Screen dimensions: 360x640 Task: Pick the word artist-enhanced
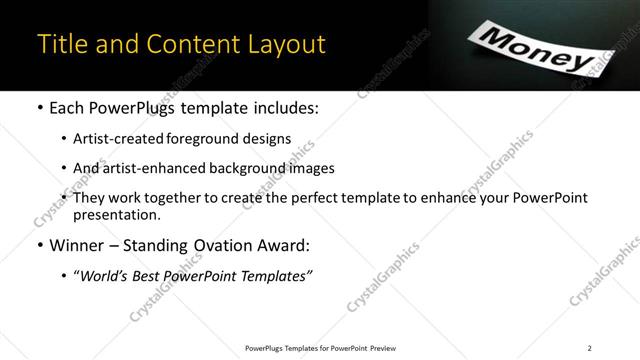[x=150, y=169]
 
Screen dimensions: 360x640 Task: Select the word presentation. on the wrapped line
[x=117, y=215]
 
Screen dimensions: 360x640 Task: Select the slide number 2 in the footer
[x=589, y=348]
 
